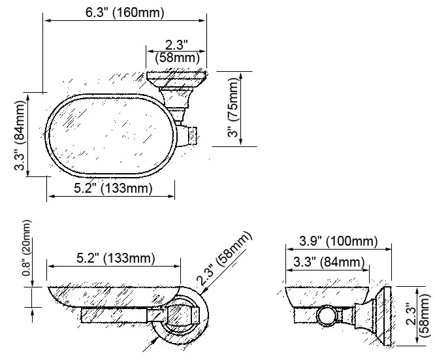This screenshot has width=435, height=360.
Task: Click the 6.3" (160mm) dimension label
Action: (125, 12)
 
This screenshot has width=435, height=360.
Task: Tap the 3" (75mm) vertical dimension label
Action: (233, 107)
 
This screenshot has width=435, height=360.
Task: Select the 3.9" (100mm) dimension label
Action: (338, 241)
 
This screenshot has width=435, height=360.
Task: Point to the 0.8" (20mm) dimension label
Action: (27, 248)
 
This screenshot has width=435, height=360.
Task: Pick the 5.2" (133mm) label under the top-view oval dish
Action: (113, 188)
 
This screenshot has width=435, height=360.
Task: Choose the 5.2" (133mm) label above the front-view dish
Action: (116, 258)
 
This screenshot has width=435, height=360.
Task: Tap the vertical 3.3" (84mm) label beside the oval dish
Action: (20, 135)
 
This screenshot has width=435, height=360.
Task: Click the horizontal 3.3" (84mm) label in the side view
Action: (329, 262)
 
